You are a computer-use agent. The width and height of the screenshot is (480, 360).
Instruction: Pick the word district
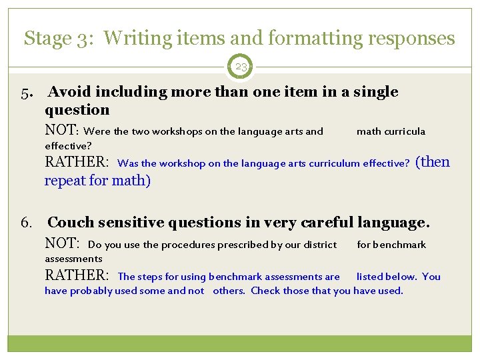click(x=318, y=245)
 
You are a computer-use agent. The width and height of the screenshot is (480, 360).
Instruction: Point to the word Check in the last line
click(x=265, y=291)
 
